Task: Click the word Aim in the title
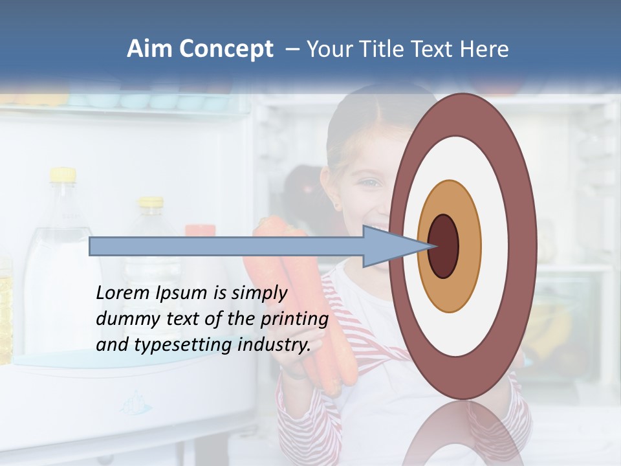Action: (x=151, y=49)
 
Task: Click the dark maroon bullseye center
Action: (x=443, y=246)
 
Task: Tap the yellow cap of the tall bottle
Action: (x=63, y=174)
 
